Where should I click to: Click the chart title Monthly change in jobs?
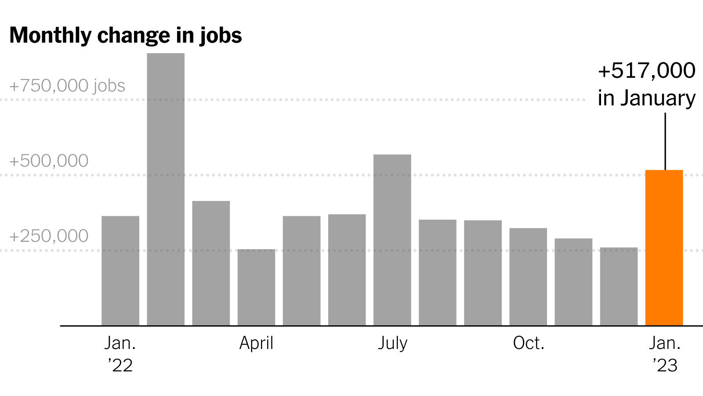pos(126,35)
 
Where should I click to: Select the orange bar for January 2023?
pos(664,248)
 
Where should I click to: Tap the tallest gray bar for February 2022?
pos(166,189)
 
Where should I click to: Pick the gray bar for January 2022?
pos(120,271)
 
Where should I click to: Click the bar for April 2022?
pos(257,287)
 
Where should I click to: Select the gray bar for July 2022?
pos(392,240)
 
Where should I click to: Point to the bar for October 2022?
pos(528,277)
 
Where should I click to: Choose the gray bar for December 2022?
pos(619,287)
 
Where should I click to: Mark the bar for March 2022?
pos(211,263)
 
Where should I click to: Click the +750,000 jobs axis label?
pos(68,85)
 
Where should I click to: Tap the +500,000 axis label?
pos(49,161)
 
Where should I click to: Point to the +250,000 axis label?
pos(49,236)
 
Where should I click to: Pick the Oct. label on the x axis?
pos(529,343)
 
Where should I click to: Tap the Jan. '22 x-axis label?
pos(120,354)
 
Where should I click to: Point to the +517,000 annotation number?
pos(646,70)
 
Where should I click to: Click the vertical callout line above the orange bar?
pos(665,142)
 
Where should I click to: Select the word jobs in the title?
pos(221,36)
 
